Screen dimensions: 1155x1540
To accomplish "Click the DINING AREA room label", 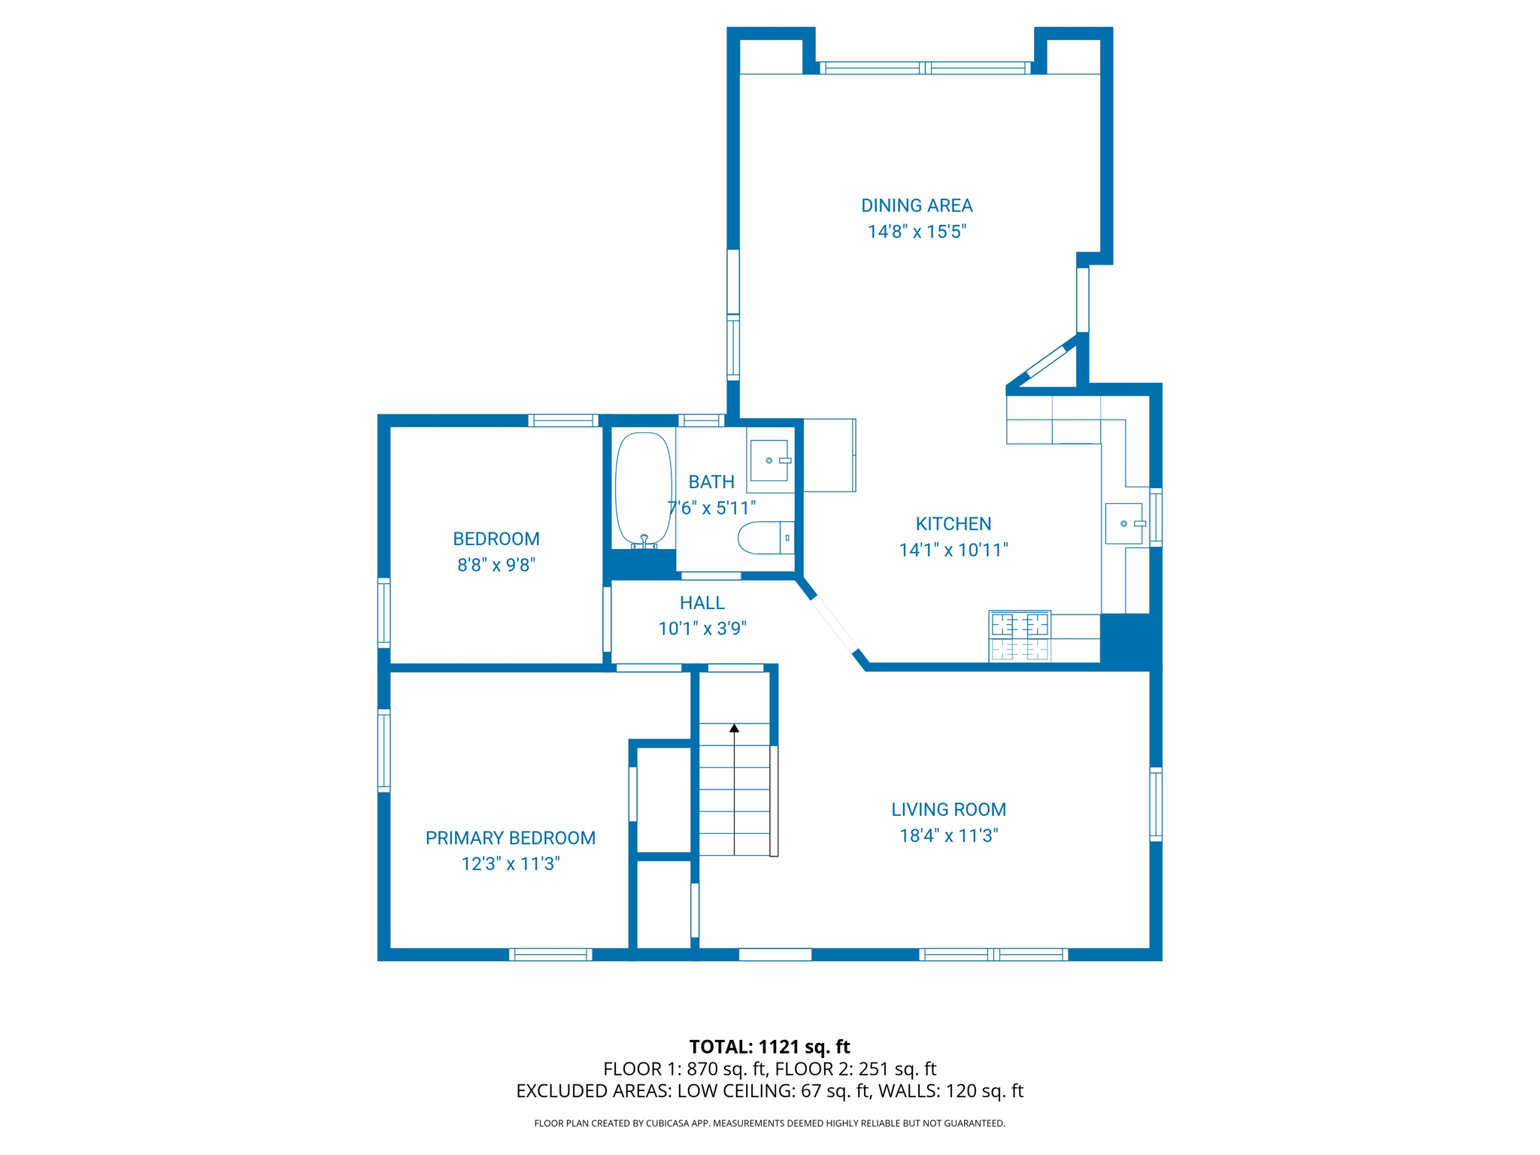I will coord(916,205).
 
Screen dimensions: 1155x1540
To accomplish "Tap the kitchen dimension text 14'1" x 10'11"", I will coord(953,550).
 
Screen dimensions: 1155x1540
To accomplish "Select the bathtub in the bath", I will coord(643,489).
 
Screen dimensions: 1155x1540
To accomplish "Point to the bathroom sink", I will coord(769,460).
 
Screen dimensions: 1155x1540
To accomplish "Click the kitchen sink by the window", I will coord(1124,523).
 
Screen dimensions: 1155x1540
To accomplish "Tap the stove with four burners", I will coord(1020,637).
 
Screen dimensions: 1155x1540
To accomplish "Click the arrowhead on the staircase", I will coord(734,728).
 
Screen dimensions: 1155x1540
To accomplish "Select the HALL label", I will coord(702,602).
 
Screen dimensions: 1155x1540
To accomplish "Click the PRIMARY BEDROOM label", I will coord(510,838).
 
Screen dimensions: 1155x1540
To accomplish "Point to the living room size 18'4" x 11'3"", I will coord(948,835).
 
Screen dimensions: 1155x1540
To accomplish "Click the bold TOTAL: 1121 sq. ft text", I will coord(769,1047).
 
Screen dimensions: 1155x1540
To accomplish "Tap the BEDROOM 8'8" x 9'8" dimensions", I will coord(496,565).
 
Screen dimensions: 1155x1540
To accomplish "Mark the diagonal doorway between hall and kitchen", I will coord(833,624).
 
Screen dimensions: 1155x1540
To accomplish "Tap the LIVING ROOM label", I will coord(948,809).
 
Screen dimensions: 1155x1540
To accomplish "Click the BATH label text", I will coord(711,482).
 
